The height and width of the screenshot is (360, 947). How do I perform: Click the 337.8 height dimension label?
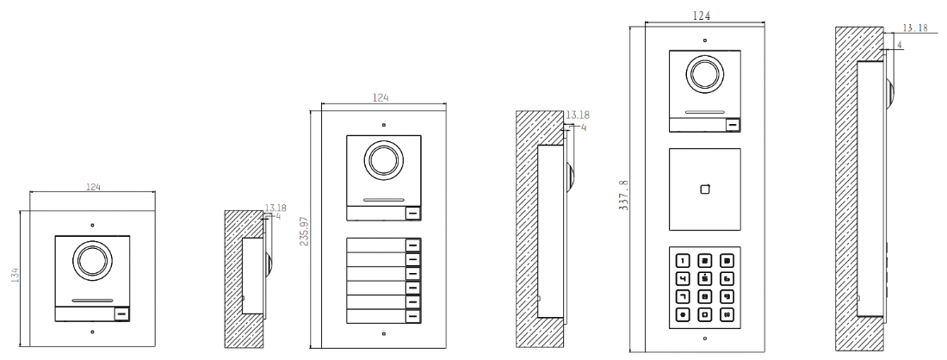pos(624,193)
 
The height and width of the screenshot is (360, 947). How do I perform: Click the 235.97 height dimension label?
pos(304,231)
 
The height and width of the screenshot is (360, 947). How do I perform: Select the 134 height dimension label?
pos(15,275)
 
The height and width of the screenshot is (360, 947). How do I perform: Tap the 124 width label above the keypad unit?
pos(701,16)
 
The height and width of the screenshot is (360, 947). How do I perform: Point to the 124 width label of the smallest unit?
pos(93,187)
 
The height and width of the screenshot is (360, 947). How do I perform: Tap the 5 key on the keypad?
pos(705,279)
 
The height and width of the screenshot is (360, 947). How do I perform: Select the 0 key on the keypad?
pos(705,314)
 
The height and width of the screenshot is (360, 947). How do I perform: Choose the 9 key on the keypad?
pos(727,296)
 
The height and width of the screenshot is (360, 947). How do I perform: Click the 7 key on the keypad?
pos(682,296)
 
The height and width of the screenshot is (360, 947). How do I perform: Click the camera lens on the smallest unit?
pos(92,261)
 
